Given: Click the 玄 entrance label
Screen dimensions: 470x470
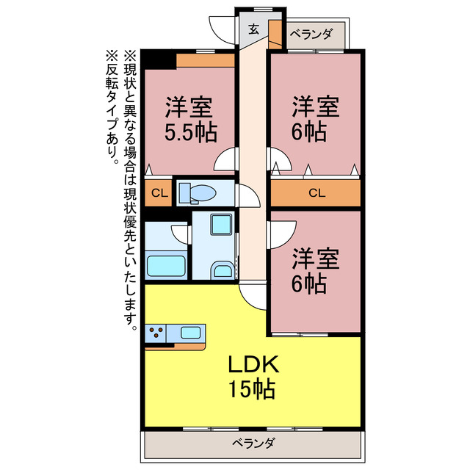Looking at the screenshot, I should [253, 30].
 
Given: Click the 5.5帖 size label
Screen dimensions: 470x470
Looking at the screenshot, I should [189, 133].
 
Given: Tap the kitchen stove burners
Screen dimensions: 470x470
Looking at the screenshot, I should [156, 333].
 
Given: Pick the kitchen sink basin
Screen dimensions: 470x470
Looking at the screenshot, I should [192, 333].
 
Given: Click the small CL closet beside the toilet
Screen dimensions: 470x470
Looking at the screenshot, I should [158, 193].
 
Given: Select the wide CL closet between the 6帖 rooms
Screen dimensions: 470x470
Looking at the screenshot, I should [316, 193].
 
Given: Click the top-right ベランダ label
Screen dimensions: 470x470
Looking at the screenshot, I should [311, 34].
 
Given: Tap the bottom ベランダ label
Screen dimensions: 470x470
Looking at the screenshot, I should [254, 443].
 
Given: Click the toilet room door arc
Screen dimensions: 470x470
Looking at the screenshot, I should [248, 197].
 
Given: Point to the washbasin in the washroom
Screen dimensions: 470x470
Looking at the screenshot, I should [222, 271].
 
